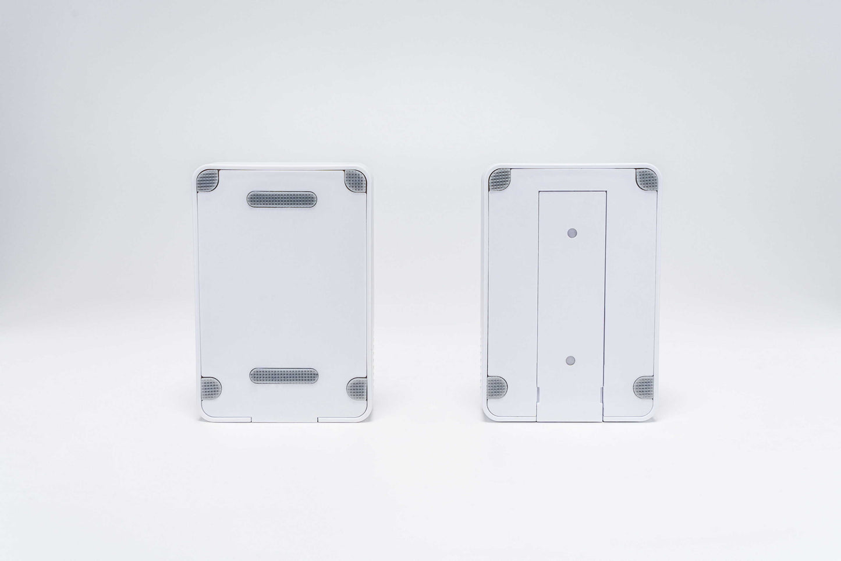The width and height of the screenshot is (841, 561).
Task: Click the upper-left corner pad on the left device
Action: (208, 180)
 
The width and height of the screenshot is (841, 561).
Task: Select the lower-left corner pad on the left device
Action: (210, 386)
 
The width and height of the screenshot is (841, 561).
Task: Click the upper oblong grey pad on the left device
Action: (283, 198)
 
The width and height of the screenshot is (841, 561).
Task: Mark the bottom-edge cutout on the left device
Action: (285, 417)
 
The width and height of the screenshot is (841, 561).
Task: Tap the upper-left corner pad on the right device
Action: (499, 178)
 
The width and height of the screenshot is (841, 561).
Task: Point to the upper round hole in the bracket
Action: (572, 232)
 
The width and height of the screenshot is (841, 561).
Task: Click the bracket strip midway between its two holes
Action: (571, 296)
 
